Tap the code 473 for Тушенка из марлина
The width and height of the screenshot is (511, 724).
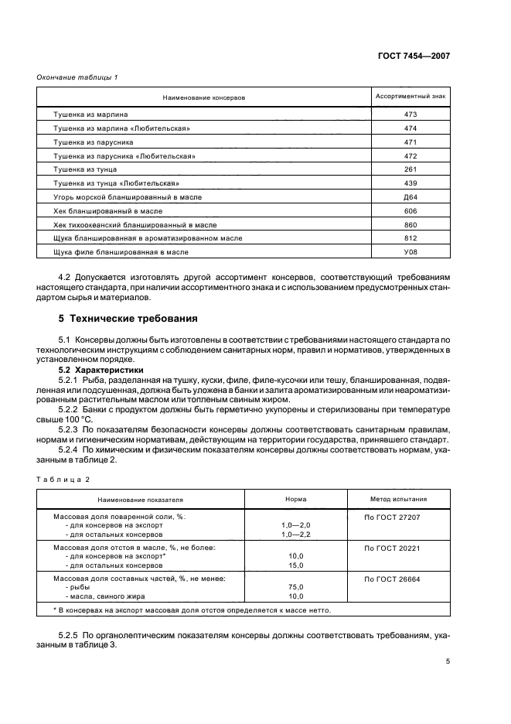410,114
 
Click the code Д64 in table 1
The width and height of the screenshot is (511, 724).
410,197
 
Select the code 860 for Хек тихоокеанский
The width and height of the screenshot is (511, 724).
410,224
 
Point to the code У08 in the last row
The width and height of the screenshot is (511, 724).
410,252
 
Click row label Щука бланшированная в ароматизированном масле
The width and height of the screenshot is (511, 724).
147,238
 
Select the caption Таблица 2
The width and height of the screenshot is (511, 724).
63,480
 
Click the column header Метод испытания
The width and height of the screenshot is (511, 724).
397,500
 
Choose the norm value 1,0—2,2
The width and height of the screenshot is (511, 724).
295,534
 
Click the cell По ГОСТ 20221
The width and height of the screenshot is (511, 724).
391,547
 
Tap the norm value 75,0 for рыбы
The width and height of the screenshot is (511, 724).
295,587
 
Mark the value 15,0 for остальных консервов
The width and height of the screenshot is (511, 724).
295,565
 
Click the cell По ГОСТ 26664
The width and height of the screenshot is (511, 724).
391,578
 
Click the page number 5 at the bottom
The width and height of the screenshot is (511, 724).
448,661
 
